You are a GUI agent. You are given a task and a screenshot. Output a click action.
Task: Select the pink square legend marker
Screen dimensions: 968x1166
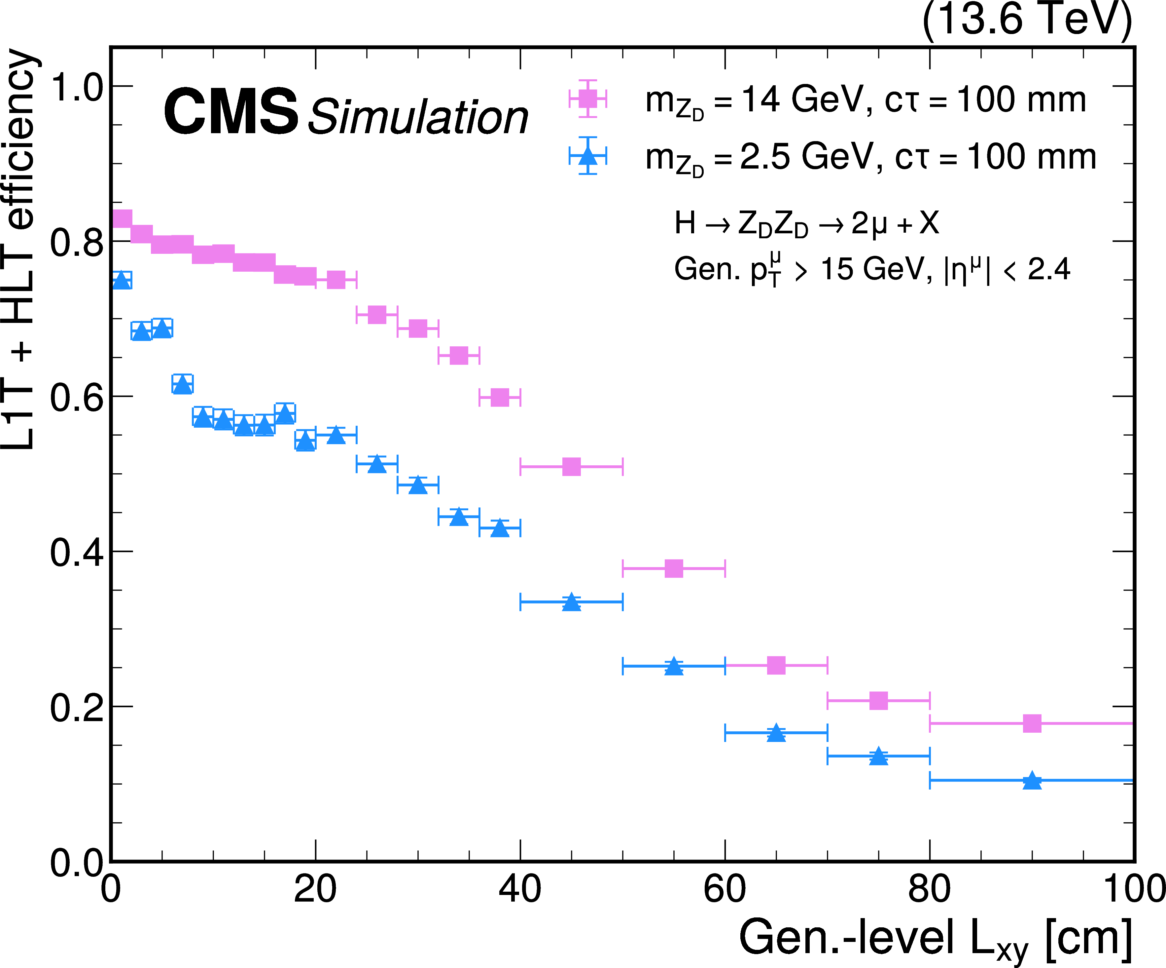[587, 99]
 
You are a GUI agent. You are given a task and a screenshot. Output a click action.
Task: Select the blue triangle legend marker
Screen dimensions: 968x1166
[587, 156]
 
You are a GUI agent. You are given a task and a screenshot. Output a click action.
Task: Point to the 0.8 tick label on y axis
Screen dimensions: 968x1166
[77, 242]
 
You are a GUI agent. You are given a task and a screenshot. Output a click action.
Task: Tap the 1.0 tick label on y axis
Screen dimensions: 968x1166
[77, 87]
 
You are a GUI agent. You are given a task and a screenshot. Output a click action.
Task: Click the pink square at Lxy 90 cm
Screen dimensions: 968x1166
[1032, 723]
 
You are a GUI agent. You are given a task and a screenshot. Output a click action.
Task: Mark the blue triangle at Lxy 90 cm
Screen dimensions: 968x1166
[1032, 781]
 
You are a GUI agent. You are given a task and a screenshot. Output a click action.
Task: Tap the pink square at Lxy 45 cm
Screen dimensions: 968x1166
[571, 467]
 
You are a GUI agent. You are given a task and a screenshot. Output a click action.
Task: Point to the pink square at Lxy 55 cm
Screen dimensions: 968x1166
[674, 568]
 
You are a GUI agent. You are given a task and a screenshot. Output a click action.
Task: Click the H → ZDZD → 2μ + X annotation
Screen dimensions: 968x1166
[806, 224]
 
